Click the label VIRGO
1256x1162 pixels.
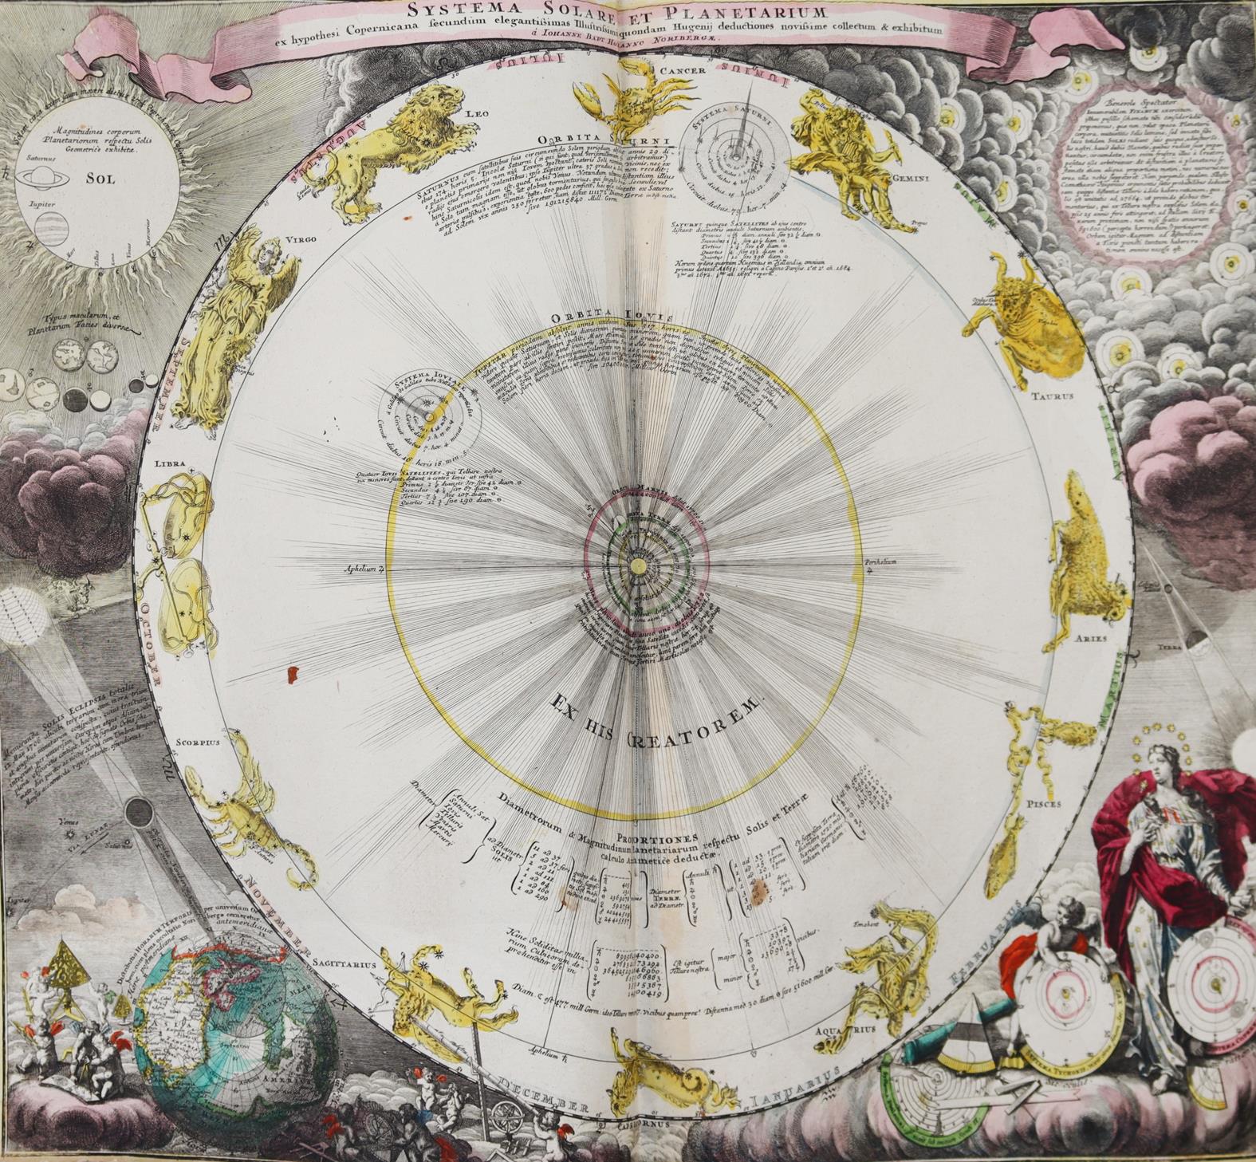pyautogui.click(x=302, y=238)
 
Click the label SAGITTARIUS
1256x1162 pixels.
pyautogui.click(x=341, y=963)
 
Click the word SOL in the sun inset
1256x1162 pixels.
pyautogui.click(x=100, y=179)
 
